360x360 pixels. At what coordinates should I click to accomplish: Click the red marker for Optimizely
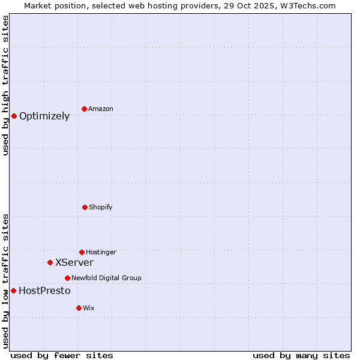pos(14,116)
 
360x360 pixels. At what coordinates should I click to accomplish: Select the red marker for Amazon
pos(84,109)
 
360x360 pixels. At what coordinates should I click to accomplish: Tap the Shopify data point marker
pos(85,207)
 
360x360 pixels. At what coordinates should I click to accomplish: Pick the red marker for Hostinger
pos(82,252)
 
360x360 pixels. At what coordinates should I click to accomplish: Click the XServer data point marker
pos(50,262)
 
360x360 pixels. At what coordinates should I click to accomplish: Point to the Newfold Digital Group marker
pos(67,278)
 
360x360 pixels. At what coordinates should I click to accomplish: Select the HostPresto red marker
pos(13,290)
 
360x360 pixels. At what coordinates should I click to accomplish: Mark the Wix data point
pos(79,308)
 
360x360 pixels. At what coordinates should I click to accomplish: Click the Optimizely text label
pos(44,116)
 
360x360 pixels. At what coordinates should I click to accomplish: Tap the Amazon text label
pos(101,109)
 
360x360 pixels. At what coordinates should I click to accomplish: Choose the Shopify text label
pos(101,207)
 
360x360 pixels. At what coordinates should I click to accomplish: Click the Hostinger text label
pos(101,252)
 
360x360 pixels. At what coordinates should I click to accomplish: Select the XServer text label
pos(74,262)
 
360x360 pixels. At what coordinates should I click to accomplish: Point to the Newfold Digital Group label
pos(106,278)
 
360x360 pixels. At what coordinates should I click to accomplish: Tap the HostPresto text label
pos(44,291)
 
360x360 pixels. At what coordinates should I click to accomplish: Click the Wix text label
pos(89,308)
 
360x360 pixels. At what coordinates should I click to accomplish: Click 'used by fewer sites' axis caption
pos(62,355)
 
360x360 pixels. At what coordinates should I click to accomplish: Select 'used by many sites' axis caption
pos(301,355)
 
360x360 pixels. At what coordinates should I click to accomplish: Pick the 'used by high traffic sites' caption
pos(5,85)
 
